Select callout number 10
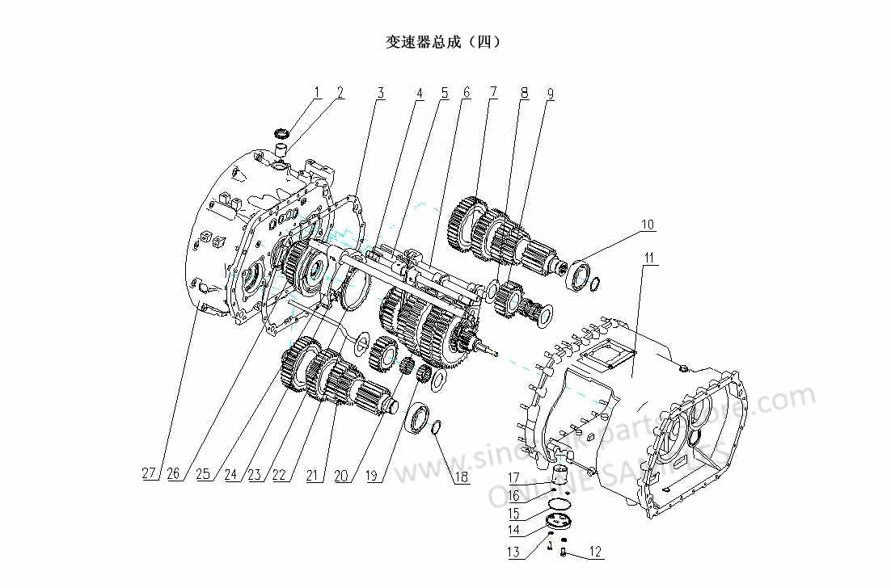point(648,225)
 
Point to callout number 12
point(595,553)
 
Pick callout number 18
point(461,477)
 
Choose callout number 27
point(149,474)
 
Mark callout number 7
point(492,93)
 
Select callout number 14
point(514,530)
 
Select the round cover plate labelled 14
point(558,521)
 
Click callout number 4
point(419,93)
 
